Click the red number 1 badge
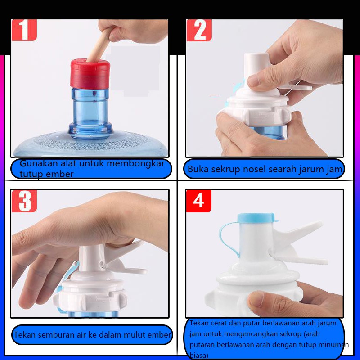pyautogui.click(x=24, y=30)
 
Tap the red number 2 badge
pyautogui.click(x=199, y=30)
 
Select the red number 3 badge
pyautogui.click(x=24, y=201)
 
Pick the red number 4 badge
pyautogui.click(x=198, y=201)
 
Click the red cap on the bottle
pyautogui.click(x=90, y=74)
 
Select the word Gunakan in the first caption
pyautogui.click(x=39, y=163)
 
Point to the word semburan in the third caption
pyautogui.click(x=54, y=334)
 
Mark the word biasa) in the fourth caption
pyautogui.click(x=199, y=355)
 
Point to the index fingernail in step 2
pyautogui.click(x=253, y=81)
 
